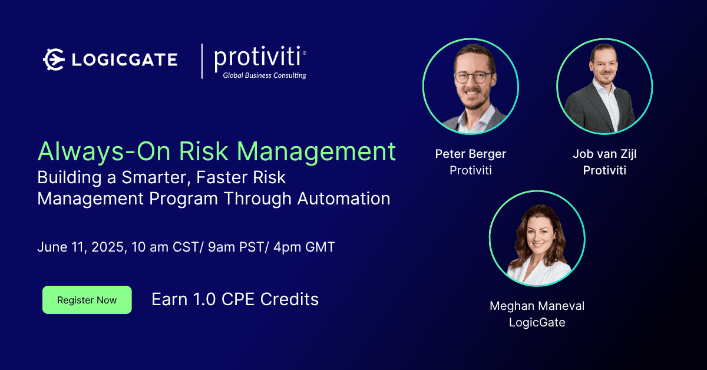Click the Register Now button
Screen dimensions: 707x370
point(87,300)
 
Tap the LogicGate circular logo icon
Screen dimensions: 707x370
point(54,60)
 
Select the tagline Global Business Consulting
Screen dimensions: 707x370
point(265,75)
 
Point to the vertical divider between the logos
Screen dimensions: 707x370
point(202,61)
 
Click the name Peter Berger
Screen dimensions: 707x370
point(471,154)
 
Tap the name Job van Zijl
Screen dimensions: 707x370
point(604,154)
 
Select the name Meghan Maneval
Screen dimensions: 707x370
point(537,306)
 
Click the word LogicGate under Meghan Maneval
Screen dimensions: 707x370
point(537,322)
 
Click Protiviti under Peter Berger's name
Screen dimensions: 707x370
point(471,170)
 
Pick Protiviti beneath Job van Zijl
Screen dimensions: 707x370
point(604,170)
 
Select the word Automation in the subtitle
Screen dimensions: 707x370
point(343,199)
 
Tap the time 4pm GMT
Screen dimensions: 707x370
point(304,247)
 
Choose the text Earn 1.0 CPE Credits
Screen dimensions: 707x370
point(235,299)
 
